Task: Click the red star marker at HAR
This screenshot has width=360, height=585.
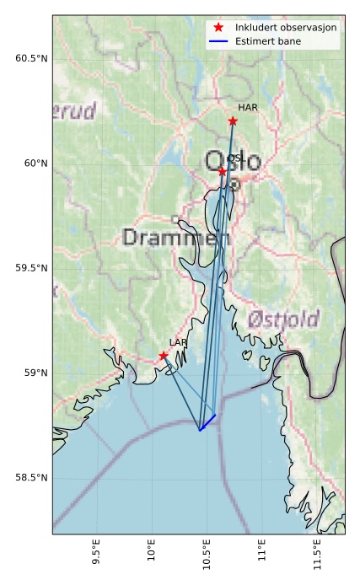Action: (x=233, y=121)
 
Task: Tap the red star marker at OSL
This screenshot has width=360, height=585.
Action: (x=223, y=171)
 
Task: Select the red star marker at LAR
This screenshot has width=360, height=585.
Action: (x=164, y=356)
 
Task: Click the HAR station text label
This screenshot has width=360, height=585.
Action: (x=247, y=108)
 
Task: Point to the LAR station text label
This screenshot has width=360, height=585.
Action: (x=178, y=342)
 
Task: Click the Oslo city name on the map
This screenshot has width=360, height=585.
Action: (x=233, y=161)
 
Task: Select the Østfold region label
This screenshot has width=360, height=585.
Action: (x=283, y=319)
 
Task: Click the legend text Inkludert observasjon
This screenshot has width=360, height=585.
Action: (x=286, y=28)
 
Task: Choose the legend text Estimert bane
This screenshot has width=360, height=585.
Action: (x=269, y=41)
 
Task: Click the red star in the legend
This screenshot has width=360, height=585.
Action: (x=218, y=28)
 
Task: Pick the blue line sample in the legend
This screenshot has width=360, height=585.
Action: (x=218, y=41)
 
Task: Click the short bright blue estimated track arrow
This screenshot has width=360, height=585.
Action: (x=208, y=422)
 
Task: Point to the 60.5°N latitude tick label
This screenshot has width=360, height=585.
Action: (x=31, y=58)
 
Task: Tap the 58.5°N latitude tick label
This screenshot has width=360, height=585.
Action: (x=31, y=478)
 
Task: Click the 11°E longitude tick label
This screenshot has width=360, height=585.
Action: (x=261, y=557)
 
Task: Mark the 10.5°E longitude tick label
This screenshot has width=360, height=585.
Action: (x=207, y=559)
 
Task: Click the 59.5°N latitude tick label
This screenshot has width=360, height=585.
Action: (x=31, y=268)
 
